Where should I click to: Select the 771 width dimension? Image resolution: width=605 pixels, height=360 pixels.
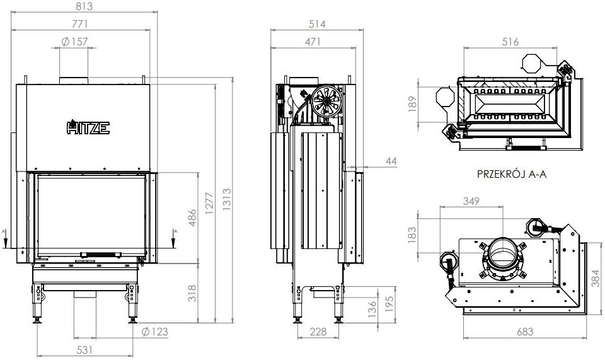point(80,24)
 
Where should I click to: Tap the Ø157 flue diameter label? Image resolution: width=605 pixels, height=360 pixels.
point(75,42)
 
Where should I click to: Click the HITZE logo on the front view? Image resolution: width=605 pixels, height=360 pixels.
point(88,128)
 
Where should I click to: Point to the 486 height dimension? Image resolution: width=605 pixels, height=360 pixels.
point(193,218)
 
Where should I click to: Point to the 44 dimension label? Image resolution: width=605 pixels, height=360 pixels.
point(391,162)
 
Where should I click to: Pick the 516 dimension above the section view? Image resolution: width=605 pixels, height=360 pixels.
point(510,42)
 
